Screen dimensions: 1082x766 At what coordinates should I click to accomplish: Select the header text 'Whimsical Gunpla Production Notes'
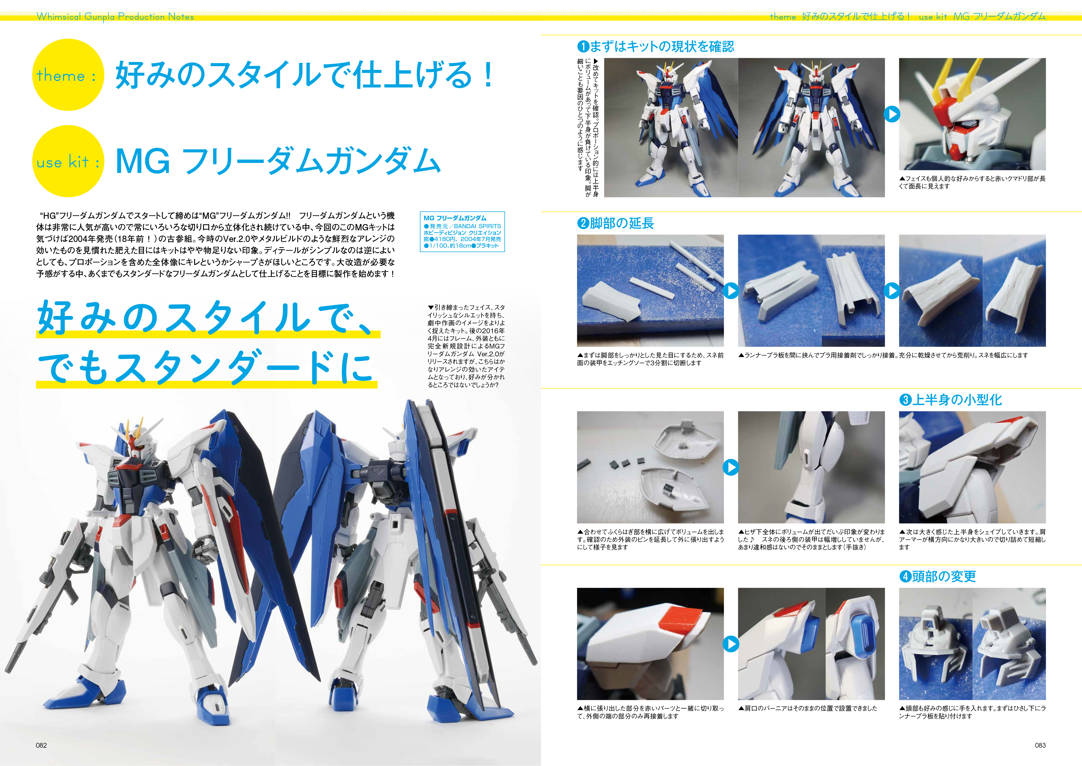(x=115, y=17)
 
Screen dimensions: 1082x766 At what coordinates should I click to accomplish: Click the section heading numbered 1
(x=656, y=46)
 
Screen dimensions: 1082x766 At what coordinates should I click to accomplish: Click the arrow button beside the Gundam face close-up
(x=892, y=114)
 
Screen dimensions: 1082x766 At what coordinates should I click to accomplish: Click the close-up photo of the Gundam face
(x=972, y=114)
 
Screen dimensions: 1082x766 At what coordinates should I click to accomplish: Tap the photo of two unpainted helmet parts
(x=972, y=644)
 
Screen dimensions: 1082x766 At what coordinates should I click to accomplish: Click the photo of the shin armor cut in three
(x=650, y=291)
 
